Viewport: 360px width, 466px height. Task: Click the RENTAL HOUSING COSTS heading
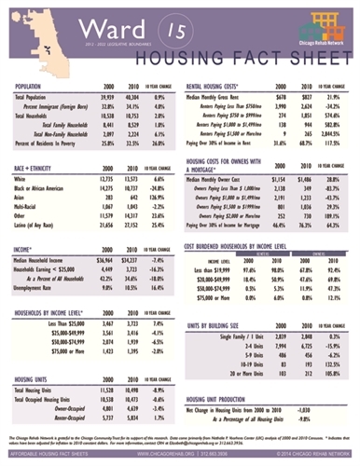coord(222,87)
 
